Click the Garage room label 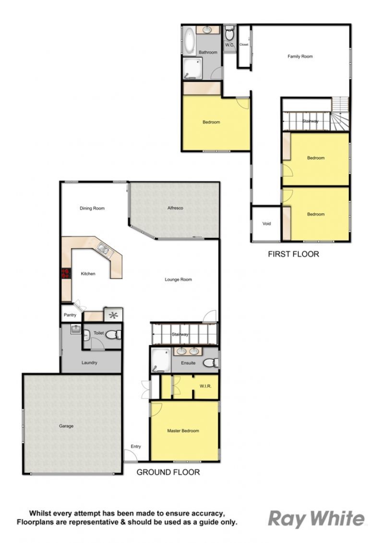66,426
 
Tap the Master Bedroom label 183,431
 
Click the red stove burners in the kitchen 65,274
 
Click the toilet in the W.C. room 229,34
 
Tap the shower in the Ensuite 161,360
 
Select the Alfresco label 175,208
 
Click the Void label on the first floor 266,223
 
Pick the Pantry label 70,315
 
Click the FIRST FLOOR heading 293,254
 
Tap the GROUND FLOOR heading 168,472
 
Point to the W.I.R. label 205,386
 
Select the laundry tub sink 76,329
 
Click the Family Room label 300,56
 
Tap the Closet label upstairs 244,45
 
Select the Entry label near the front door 136,446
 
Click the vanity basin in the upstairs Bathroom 207,30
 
